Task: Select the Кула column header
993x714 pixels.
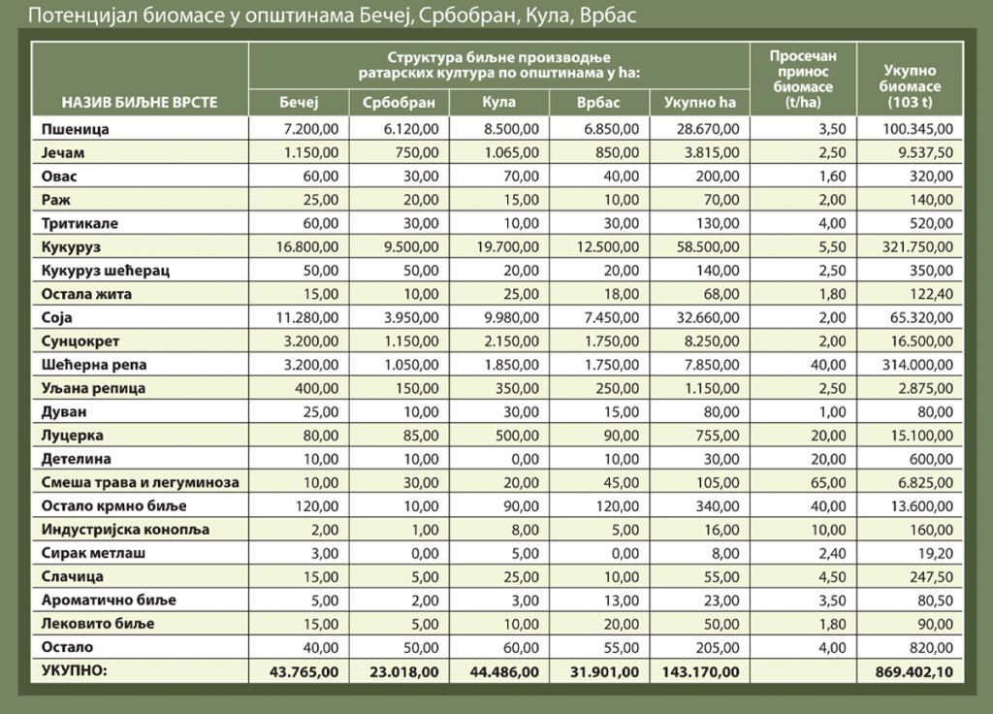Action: click(x=498, y=102)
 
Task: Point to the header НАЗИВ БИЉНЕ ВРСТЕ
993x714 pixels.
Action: click(x=140, y=102)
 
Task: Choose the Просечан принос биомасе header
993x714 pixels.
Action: click(x=802, y=79)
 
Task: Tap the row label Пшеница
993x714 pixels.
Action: click(x=76, y=128)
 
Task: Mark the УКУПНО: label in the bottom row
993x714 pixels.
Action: click(x=74, y=670)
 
